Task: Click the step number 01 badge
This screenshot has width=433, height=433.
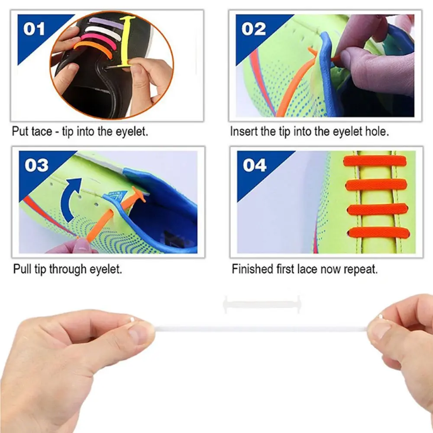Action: (34, 29)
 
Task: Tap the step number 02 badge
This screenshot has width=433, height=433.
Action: (253, 29)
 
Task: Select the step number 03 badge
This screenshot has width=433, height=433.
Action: (36, 165)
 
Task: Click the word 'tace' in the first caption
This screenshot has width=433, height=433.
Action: (42, 132)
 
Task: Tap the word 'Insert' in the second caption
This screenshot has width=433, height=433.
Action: (243, 132)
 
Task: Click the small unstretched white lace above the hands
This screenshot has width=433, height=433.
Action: (262, 304)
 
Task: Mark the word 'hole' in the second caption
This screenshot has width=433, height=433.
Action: (377, 132)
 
